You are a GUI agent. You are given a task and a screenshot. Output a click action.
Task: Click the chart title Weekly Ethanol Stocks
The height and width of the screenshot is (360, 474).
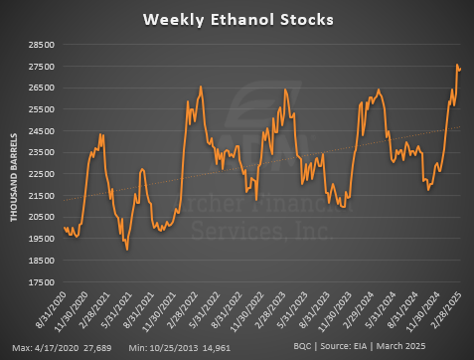click(x=237, y=19)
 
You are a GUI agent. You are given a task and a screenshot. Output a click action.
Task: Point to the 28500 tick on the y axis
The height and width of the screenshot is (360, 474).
click(x=42, y=45)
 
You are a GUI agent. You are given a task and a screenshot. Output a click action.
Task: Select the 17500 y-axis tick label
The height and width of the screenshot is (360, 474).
click(x=42, y=281)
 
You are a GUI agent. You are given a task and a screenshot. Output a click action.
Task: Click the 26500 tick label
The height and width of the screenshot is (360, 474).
click(x=42, y=88)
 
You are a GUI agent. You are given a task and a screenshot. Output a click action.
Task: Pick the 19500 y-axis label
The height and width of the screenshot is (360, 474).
click(x=42, y=239)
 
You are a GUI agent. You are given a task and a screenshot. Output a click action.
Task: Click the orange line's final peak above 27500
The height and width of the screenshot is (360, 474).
click(x=457, y=66)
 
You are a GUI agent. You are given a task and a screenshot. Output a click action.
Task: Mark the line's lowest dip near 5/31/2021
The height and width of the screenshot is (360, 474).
click(x=127, y=250)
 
